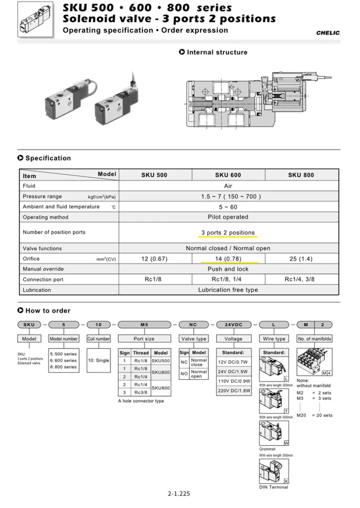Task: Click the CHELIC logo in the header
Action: click(328, 33)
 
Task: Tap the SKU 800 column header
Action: click(301, 175)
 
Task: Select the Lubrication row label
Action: click(37, 290)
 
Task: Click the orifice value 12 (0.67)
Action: click(154, 259)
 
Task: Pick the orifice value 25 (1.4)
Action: click(301, 259)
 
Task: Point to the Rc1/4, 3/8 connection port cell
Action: click(301, 279)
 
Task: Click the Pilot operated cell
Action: click(228, 217)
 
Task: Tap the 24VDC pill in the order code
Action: click(233, 324)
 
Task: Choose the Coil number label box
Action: click(99, 339)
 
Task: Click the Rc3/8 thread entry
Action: click(141, 392)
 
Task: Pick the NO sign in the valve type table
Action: click(184, 374)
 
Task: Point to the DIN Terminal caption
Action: click(274, 487)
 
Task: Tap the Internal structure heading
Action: click(217, 52)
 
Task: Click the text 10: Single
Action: click(99, 360)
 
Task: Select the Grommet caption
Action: click(267, 449)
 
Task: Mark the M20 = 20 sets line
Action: click(314, 415)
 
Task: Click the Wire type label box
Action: click(274, 339)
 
